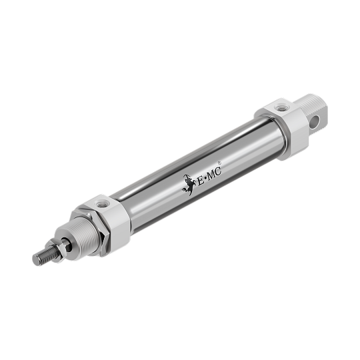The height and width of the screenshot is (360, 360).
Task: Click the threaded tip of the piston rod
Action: pos(43,254)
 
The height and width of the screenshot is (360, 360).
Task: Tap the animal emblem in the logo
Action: pos(188,185)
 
